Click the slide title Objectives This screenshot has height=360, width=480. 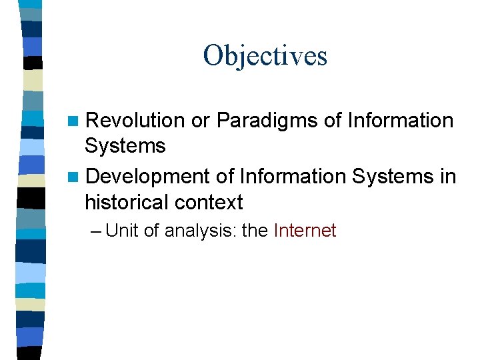[265, 55]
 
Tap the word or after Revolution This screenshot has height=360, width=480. [201, 121]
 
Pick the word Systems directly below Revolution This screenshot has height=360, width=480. [125, 145]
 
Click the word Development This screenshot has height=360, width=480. [148, 177]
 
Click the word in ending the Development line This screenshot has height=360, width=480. [448, 177]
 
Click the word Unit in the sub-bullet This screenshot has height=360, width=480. [121, 231]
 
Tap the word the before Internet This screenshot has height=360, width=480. [253, 231]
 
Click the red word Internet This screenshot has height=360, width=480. [305, 231]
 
